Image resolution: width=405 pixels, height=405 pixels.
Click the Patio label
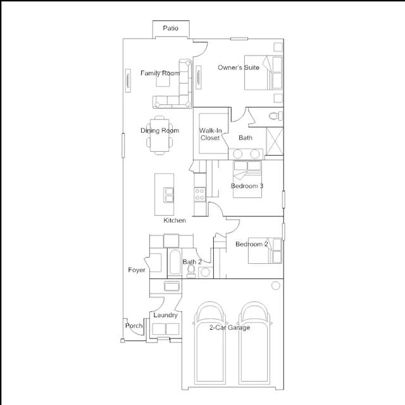point(170,28)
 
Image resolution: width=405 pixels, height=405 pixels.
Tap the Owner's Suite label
point(239,68)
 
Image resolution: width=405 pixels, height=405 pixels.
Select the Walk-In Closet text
point(210,134)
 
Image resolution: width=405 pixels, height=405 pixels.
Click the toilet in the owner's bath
point(276,116)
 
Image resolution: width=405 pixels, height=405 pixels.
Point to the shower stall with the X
point(275,141)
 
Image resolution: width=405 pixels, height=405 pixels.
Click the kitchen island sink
point(169,195)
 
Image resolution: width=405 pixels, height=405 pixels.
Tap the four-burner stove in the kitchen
point(200,194)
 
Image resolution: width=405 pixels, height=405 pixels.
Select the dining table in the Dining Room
point(159,135)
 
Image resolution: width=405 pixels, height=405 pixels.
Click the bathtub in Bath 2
point(175,262)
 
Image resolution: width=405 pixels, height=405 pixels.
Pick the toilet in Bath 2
point(191,271)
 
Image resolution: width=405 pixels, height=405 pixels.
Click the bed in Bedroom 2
point(265,251)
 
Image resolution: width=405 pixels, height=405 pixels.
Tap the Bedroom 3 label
point(247,185)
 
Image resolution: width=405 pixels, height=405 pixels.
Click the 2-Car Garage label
point(230,328)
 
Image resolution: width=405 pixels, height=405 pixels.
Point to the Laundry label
point(165,315)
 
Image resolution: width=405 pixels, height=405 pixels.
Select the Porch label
point(134,326)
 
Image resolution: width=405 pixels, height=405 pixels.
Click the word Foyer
point(137,270)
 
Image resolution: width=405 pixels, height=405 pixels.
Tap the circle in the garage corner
point(276,285)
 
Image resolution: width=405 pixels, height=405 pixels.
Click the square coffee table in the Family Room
point(163,80)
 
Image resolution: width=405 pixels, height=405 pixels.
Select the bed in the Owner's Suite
point(263,73)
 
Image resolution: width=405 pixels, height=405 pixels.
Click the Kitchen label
point(175,220)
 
